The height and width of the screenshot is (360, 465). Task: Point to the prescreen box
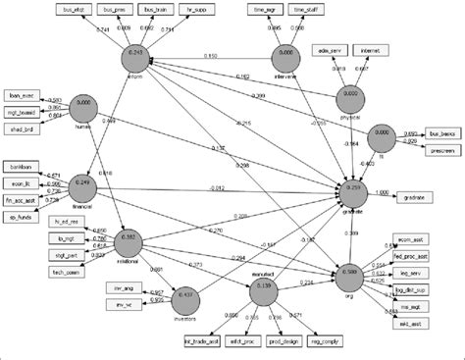[x=439, y=149]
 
